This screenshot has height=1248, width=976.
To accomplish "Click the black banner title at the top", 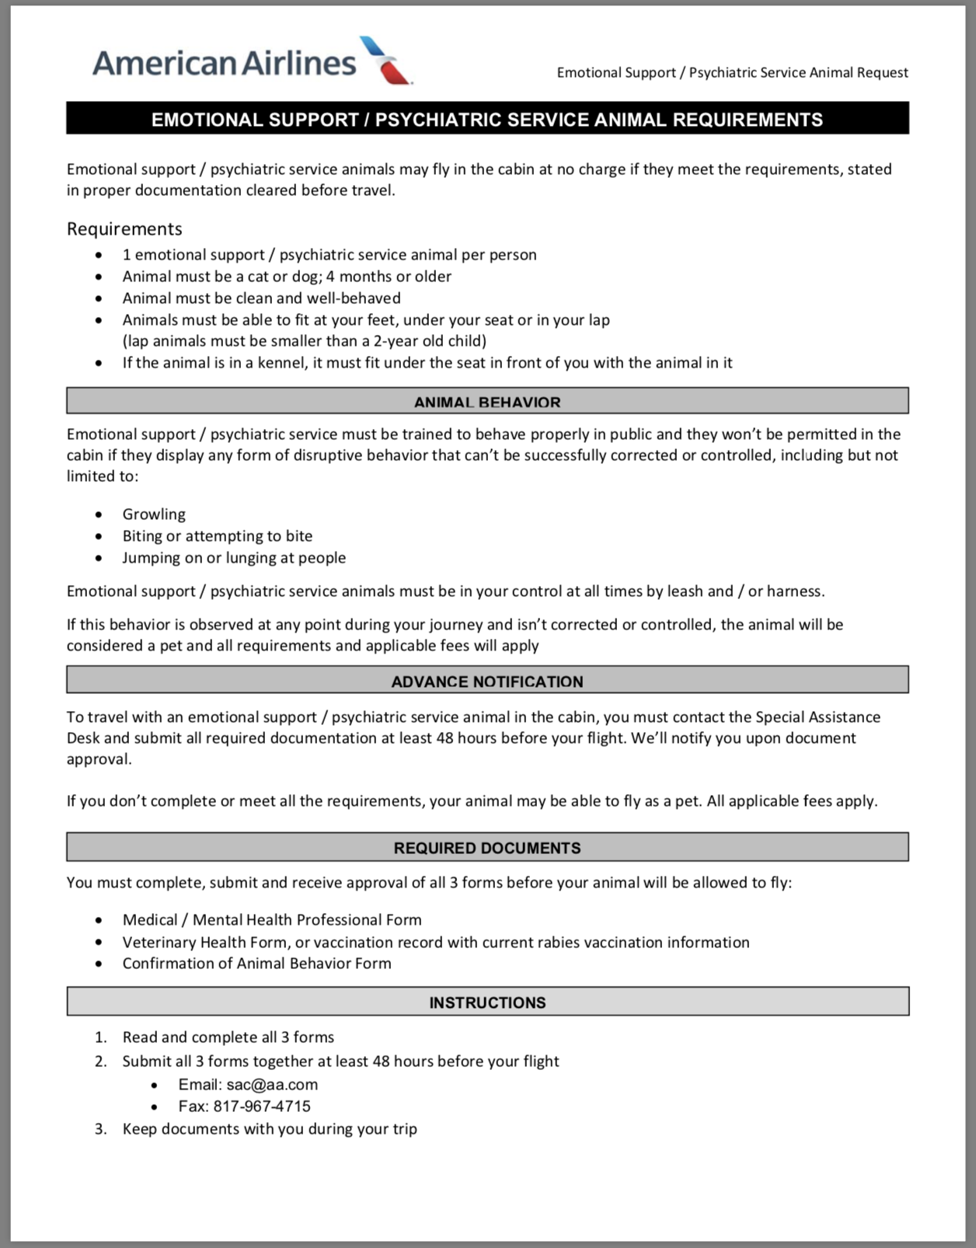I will (487, 120).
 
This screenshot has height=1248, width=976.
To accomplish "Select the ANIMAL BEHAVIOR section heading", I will (487, 402).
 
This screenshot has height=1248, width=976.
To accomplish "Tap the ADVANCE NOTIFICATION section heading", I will (487, 682).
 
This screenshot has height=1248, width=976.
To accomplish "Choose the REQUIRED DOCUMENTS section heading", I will (487, 848).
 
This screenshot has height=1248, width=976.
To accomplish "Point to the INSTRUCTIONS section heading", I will (487, 1002).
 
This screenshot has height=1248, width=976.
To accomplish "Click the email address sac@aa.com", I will (272, 1084).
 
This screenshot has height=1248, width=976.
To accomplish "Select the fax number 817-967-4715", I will (262, 1106).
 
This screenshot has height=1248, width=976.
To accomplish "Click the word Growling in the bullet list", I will (154, 514).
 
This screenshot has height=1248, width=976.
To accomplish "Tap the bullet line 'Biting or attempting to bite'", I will (217, 535).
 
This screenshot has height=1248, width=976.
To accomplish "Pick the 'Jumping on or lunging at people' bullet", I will (234, 557).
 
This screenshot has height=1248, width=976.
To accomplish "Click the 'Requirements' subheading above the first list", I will (124, 228).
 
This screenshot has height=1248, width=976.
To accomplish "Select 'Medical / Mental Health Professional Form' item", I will (272, 919).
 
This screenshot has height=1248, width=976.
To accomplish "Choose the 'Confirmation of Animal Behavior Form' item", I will (256, 963).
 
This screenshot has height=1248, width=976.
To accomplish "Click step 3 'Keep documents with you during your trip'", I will (270, 1128).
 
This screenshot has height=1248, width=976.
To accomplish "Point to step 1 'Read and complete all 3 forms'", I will (228, 1037).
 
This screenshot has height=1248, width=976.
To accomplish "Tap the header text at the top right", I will (732, 72).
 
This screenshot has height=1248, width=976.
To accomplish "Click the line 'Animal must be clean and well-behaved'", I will (261, 298).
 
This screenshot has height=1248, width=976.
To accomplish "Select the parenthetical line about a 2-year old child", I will (304, 340).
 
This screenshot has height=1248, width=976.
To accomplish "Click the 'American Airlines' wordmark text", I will (224, 62).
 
